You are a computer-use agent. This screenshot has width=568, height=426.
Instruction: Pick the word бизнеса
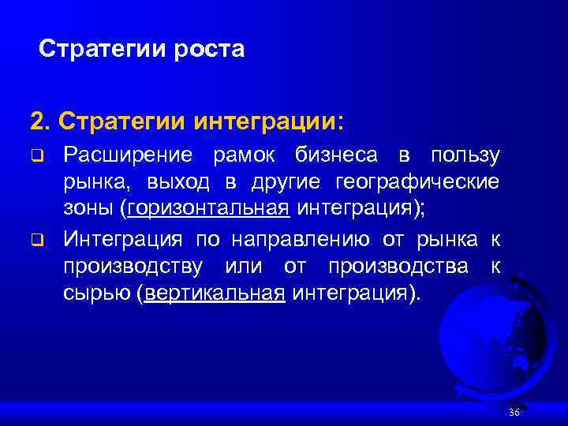(x=338, y=155)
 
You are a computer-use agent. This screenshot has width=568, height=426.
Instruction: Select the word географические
(x=417, y=183)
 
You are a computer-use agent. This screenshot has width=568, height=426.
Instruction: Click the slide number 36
(x=515, y=413)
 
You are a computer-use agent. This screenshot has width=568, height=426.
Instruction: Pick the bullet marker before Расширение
(x=36, y=156)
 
